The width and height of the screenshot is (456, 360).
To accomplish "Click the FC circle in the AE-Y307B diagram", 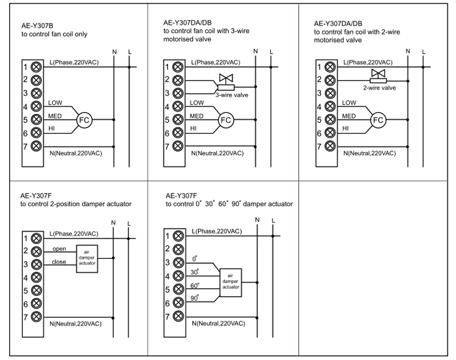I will tap(83, 120).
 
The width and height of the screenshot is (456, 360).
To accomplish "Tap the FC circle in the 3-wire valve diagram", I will tap(225, 119).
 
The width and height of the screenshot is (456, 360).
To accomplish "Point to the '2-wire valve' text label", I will tap(380, 87).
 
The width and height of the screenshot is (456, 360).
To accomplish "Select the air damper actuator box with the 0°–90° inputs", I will tap(231, 282).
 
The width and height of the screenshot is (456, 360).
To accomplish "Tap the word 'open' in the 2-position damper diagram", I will tap(59, 248).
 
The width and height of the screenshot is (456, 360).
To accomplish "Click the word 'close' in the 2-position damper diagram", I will tap(59, 262).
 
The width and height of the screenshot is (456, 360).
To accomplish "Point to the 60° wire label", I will tap(195, 285).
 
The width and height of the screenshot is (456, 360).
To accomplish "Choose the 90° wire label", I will tap(195, 299).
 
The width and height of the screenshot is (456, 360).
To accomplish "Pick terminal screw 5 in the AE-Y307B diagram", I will tap(36, 120).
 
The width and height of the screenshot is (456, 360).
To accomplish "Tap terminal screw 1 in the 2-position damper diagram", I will tap(36, 237).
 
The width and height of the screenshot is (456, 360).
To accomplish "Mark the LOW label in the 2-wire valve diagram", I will tap(349, 102).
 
